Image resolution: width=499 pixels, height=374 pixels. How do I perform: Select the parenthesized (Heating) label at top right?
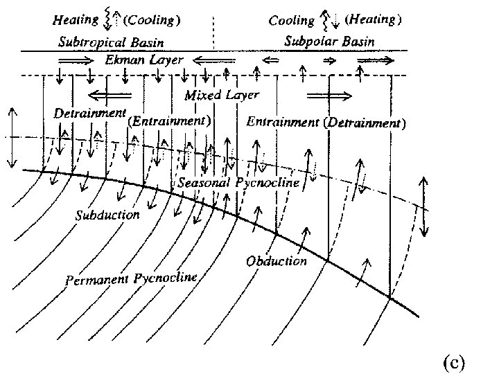tap(372, 20)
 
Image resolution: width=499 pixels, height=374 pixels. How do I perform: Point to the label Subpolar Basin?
tap(329, 42)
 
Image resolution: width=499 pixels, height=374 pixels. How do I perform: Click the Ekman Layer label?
tap(144, 60)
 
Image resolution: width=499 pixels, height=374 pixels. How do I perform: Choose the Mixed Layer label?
tap(221, 95)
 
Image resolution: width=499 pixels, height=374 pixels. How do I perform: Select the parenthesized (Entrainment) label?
tap(170, 121)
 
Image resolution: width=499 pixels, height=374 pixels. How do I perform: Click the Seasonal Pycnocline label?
tap(238, 184)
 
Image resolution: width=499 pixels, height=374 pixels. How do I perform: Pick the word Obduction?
tap(276, 260)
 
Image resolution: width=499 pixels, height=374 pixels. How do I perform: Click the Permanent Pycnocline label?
tap(131, 279)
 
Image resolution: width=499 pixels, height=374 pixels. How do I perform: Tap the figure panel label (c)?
tap(453, 361)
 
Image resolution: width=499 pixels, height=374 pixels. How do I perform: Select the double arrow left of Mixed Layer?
tap(110, 93)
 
